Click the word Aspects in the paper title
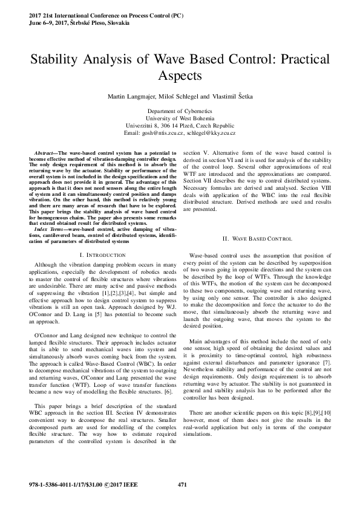coord(180,76)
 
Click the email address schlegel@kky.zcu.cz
coord(210,132)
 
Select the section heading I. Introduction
coord(101,256)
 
